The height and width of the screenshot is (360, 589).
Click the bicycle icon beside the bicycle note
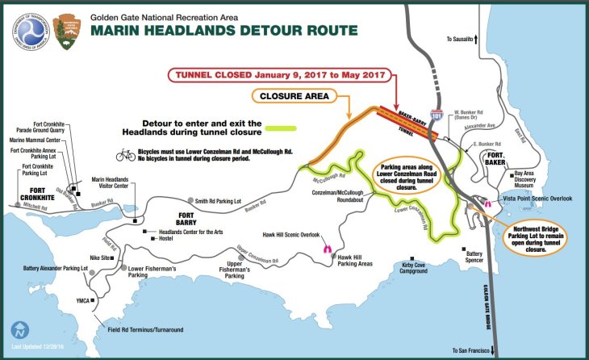coord(126,153)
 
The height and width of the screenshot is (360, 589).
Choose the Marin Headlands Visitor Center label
coord(119,182)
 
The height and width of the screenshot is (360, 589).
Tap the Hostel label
coord(166,239)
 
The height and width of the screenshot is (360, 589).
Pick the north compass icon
coord(19,331)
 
